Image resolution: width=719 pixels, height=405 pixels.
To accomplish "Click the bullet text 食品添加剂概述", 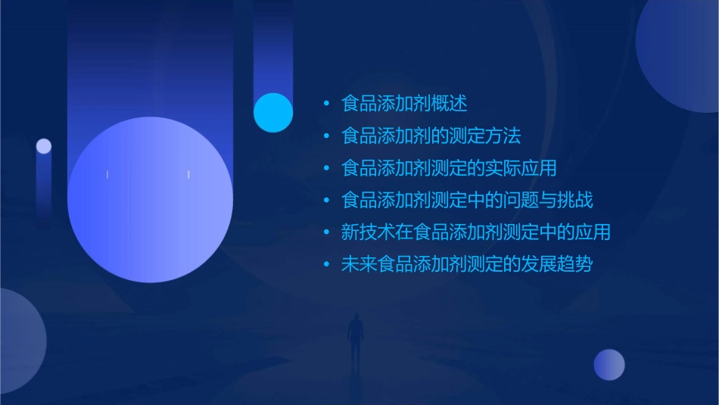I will coord(404,104).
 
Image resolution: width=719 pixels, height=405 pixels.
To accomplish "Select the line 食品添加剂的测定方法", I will coord(431,136).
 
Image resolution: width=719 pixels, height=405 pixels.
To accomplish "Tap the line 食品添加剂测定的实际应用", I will coord(449,168).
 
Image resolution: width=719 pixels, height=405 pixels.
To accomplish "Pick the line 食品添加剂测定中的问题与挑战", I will coord(467,201).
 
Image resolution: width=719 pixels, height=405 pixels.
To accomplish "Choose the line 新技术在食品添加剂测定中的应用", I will coord(475,232).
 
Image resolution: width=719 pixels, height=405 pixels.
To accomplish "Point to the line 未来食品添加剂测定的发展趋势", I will coord(467,265).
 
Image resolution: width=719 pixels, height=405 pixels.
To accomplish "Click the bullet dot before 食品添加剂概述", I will coord(326,104).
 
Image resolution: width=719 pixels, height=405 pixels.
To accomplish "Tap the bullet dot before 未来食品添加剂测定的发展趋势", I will coord(326,265).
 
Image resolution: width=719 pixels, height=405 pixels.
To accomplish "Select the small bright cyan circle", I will coord(273,112).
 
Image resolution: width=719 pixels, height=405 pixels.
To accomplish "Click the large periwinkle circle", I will coord(150,200).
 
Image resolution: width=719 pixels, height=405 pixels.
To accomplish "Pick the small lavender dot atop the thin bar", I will coord(44,146).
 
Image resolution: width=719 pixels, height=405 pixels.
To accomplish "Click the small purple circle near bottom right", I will coord(609,365).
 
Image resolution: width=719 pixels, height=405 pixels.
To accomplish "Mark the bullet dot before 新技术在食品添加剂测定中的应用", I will coord(326,232).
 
